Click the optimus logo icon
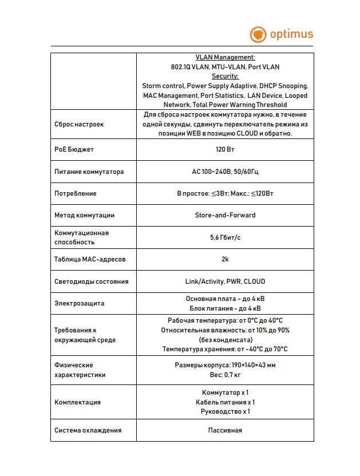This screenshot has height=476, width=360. [258, 34]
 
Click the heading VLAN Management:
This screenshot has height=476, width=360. [225, 58]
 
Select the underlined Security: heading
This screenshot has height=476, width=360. [225, 76]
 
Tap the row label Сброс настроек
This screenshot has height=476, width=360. [79, 124]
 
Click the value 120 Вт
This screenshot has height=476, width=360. [225, 150]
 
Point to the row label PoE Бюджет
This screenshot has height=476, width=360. [74, 150]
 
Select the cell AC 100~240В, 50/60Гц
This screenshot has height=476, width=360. [225, 172]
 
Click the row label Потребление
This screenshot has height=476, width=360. [76, 193]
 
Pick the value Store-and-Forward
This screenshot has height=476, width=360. [225, 215]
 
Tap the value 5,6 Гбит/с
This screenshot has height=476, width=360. [225, 237]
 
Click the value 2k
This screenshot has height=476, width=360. [225, 259]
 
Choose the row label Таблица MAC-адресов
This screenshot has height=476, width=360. [90, 260]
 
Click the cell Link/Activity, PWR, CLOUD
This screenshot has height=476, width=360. [225, 281]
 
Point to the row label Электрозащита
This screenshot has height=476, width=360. [80, 303]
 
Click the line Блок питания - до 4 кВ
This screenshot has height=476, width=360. [225, 308]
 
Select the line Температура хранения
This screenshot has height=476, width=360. [225, 349]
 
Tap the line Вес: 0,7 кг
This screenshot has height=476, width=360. [225, 375]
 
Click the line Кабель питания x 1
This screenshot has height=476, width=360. [225, 402]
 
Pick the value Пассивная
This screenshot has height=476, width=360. [225, 430]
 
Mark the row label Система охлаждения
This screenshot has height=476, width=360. [88, 430]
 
